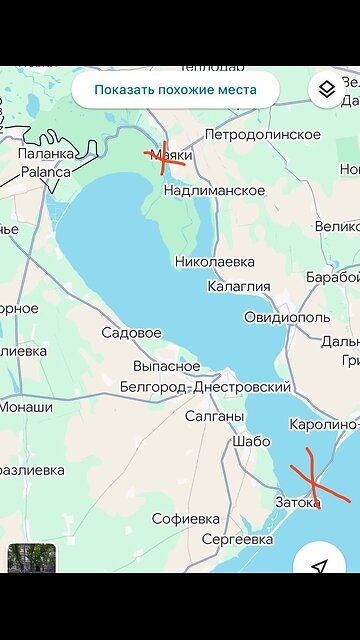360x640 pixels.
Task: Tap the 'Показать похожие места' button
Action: pyautogui.click(x=175, y=89)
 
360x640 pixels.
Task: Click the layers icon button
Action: pyautogui.click(x=326, y=90)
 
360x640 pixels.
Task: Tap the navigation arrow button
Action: pyautogui.click(x=319, y=567)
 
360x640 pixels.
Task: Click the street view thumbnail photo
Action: pyautogui.click(x=32, y=558)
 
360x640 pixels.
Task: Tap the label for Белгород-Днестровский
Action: pyautogui.click(x=205, y=387)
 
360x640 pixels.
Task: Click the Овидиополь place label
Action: pyautogui.click(x=287, y=317)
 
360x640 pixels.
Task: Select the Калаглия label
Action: pyautogui.click(x=238, y=286)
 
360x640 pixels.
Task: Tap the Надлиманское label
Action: pyautogui.click(x=214, y=190)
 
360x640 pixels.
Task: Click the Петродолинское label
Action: pyautogui.click(x=262, y=134)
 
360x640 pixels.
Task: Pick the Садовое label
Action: pyautogui.click(x=131, y=332)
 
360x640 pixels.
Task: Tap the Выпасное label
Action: pyautogui.click(x=166, y=366)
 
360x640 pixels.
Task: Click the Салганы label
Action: pyautogui.click(x=214, y=416)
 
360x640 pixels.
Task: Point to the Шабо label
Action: pyautogui.click(x=250, y=441)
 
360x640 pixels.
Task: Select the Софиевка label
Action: pyautogui.click(x=185, y=519)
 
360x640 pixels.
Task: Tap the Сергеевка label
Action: pyautogui.click(x=237, y=539)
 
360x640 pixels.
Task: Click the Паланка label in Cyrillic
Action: pyautogui.click(x=46, y=154)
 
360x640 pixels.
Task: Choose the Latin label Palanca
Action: pyautogui.click(x=46, y=171)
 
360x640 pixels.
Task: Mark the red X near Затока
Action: pyautogui.click(x=314, y=478)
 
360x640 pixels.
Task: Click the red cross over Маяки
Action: pyautogui.click(x=165, y=158)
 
